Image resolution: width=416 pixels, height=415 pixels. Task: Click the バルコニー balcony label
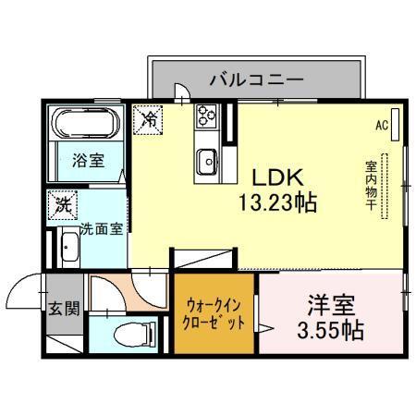coord(257,79)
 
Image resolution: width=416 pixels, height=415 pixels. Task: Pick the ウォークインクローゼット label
coord(215,314)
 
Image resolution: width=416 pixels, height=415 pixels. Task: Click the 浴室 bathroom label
coord(89,160)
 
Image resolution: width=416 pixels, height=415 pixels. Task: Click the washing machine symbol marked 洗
coord(65,202)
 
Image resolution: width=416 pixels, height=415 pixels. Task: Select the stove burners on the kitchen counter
coord(205,118)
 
